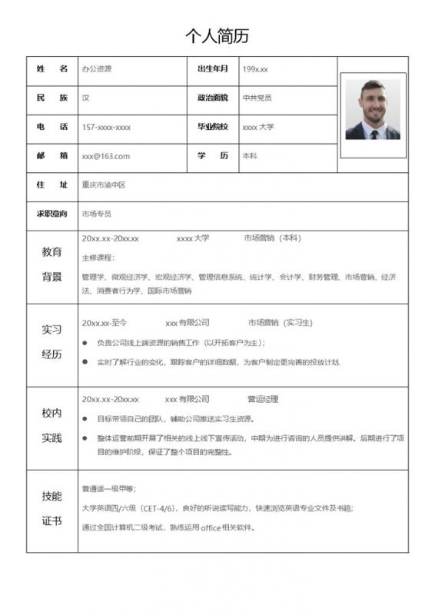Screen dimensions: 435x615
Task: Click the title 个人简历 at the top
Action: pyautogui.click(x=217, y=36)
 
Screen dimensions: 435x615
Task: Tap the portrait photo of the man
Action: pyautogui.click(x=373, y=109)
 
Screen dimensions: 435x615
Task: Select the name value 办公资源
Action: pyautogui.click(x=97, y=69)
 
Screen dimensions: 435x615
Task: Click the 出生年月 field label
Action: pyautogui.click(x=213, y=69)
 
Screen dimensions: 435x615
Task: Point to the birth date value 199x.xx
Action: pyautogui.click(x=255, y=69)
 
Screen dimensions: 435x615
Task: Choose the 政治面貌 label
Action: pyautogui.click(x=213, y=98)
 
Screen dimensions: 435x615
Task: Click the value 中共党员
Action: pyautogui.click(x=257, y=98)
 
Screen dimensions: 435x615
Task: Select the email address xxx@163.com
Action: pyautogui.click(x=106, y=156)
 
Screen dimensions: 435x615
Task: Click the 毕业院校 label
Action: pyautogui.click(x=213, y=127)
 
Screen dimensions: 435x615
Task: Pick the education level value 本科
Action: pyautogui.click(x=250, y=156)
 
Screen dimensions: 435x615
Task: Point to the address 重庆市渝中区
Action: pyautogui.click(x=103, y=185)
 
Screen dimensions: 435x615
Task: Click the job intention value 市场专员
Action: pyautogui.click(x=97, y=214)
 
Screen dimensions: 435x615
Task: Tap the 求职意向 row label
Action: pyautogui.click(x=51, y=214)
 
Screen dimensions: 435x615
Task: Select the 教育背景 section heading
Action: pyautogui.click(x=51, y=264)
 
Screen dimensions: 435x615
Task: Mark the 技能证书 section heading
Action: pyautogui.click(x=51, y=508)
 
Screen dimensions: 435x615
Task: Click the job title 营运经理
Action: pyautogui.click(x=263, y=399)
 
